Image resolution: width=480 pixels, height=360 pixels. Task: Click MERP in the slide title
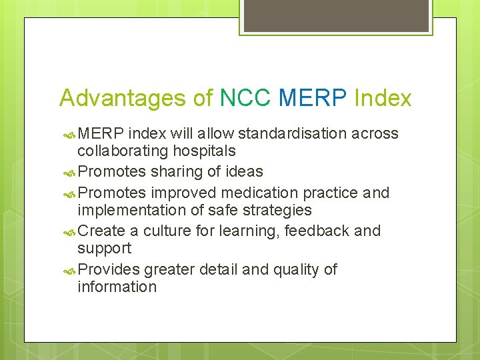312,98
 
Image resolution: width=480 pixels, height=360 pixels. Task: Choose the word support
105,248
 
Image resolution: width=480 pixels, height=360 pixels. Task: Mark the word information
117,287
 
